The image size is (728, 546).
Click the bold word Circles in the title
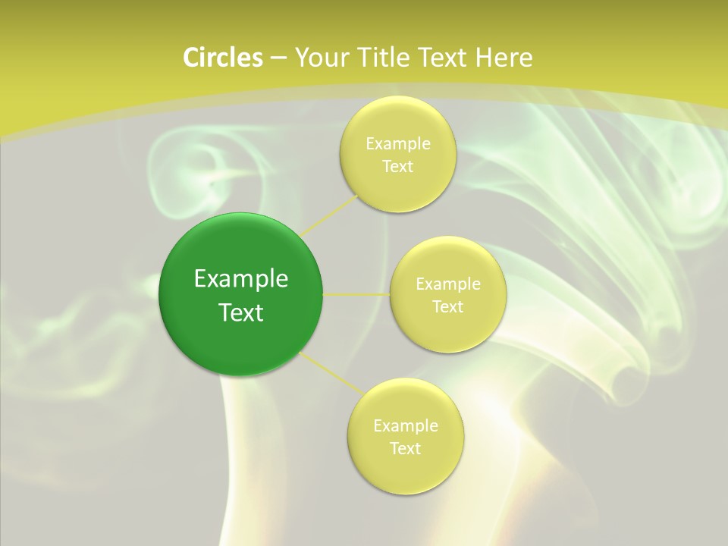[x=222, y=58]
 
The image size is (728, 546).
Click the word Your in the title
[x=319, y=58]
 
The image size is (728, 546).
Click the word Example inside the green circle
[x=240, y=279]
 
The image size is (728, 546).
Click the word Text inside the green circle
[x=240, y=312]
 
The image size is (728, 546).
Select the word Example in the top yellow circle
[x=397, y=144]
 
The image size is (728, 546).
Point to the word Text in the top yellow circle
[x=397, y=167]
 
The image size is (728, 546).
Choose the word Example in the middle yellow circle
[x=447, y=284]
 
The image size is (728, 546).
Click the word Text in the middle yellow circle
[x=447, y=307]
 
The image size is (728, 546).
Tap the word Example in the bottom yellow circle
[x=405, y=426]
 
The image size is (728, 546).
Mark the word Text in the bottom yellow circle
[x=405, y=449]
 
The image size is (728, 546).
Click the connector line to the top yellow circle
[x=329, y=215]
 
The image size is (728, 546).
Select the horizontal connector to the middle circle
[x=356, y=294]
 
